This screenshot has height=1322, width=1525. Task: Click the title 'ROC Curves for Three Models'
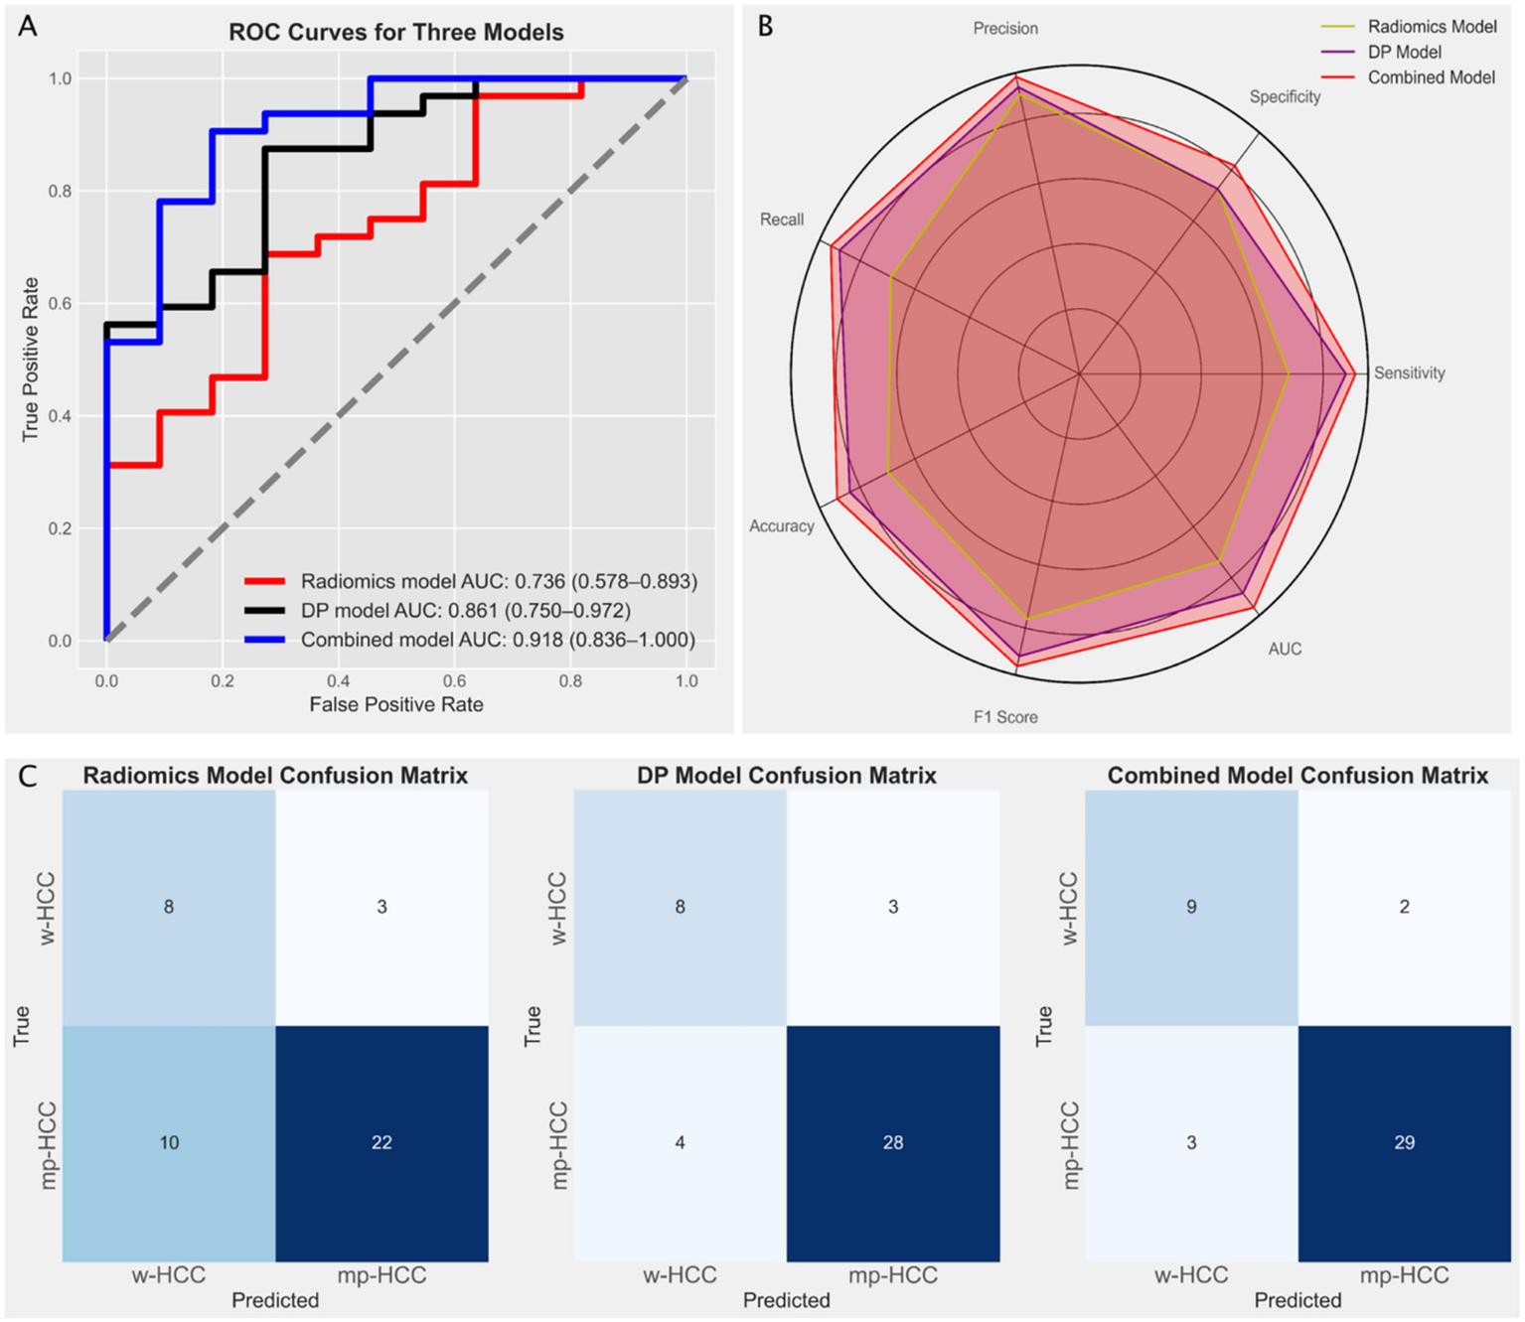[395, 33]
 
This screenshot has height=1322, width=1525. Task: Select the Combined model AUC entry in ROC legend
[497, 641]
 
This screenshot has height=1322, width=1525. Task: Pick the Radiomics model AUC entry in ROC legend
[498, 582]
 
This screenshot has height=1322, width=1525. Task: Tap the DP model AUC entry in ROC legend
[465, 611]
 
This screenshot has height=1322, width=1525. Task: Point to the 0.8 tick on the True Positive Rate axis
[60, 191]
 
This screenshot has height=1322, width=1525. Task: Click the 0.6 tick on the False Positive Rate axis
[454, 681]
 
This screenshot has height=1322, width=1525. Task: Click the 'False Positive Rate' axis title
[395, 705]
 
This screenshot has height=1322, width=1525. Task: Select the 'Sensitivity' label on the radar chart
[1408, 373]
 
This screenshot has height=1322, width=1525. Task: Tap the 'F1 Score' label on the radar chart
[1005, 717]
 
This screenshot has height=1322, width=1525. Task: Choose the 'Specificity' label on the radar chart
[1285, 96]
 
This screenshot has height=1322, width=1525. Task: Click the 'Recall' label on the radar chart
[782, 220]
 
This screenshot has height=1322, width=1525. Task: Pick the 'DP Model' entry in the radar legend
[1404, 52]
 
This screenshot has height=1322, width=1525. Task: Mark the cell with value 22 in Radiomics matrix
[381, 1143]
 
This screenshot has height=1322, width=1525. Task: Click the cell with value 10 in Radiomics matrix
[169, 1143]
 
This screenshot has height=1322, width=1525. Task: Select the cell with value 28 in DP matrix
[892, 1143]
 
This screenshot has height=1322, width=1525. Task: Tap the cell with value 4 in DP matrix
[680, 1143]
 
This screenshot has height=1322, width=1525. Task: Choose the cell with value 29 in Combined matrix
[1404, 1143]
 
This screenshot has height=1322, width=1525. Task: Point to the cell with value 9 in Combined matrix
[1191, 907]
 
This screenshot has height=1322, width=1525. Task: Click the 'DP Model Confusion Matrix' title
[786, 776]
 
